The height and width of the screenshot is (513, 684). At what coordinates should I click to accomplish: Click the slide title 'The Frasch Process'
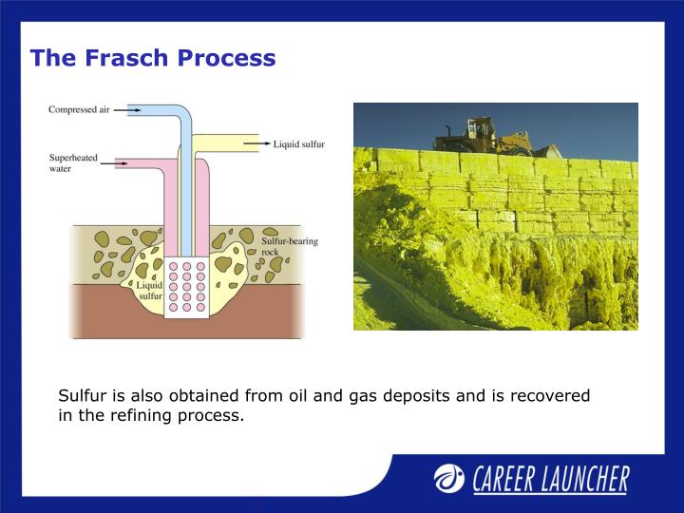tap(152, 58)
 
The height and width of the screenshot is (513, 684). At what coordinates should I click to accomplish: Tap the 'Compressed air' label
tap(80, 109)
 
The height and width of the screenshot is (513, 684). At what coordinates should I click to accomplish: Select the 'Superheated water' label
tap(73, 162)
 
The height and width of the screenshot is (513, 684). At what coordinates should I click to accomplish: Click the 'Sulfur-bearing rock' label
tap(289, 246)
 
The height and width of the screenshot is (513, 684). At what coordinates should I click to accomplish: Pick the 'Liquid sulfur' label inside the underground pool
tap(150, 290)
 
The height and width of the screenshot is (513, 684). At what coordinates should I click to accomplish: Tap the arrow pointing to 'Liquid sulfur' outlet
tap(256, 144)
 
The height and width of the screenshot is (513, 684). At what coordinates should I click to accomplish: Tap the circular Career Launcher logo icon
tap(449, 479)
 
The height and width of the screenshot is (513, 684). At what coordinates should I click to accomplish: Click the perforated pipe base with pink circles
tap(186, 287)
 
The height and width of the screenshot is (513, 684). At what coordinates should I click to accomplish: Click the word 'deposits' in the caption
tap(420, 395)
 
